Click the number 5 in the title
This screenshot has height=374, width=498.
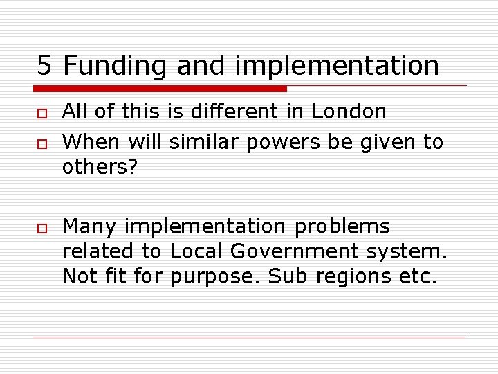pos(45,66)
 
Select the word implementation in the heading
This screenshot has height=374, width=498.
pos(337,66)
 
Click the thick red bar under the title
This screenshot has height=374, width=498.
pos(160,89)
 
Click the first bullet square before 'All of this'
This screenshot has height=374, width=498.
pos(41,112)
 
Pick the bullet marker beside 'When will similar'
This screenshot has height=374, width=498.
pos(41,143)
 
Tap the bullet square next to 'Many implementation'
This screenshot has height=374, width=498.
pos(41,228)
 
